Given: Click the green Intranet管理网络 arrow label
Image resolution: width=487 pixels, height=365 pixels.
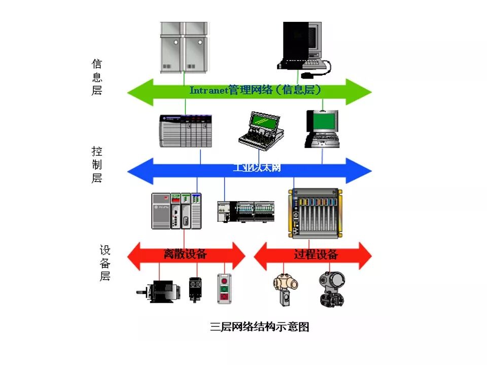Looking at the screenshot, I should tap(256, 90).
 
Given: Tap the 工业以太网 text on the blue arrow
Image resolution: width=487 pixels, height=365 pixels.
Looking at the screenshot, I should tap(257, 168).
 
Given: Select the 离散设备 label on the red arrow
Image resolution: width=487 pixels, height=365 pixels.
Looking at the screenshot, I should tap(185, 254).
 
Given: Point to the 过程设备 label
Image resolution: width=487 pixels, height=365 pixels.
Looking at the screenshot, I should tap(316, 254).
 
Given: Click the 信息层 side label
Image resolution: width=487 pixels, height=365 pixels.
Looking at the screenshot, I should tap(97, 77).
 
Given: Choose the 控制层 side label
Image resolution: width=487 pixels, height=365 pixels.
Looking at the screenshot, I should tap(97, 164).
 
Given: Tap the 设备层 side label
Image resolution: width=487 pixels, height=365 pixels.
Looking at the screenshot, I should tap(105, 263).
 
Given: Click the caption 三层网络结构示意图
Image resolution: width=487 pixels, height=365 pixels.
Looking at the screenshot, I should tap(259, 327).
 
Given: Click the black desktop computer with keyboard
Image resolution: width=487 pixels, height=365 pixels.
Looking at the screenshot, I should tap(303, 48).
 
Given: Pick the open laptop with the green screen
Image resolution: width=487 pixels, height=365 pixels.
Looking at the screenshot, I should tap(262, 130).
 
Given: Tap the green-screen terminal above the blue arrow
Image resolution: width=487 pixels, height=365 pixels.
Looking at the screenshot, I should tap(322, 129).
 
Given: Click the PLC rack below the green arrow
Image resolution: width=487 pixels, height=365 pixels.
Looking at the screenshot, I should tap(186, 131).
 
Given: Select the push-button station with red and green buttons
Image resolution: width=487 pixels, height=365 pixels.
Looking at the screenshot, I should tap(224, 289).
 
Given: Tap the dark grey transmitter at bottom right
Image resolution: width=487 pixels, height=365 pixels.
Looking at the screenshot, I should tap(332, 289).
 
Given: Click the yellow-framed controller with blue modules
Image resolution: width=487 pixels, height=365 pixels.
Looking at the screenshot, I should tap(315, 213).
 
